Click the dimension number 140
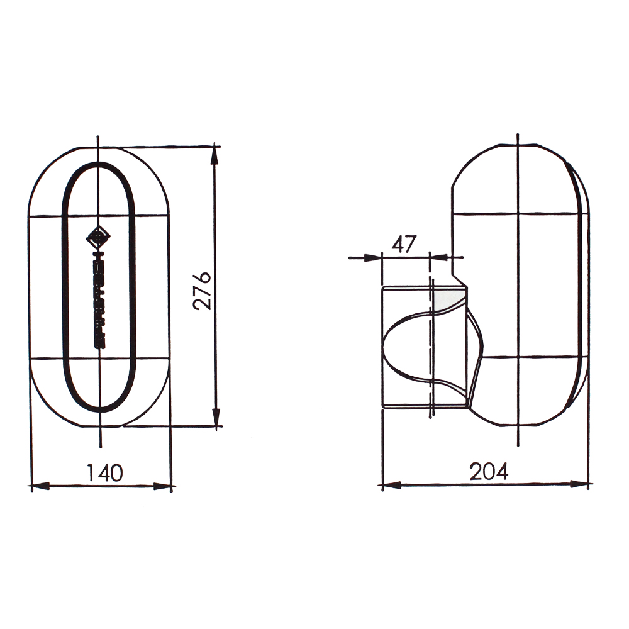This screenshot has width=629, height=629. [104, 472]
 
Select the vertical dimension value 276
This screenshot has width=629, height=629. [201, 291]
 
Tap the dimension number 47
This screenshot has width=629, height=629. [404, 244]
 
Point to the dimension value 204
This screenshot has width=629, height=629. [489, 471]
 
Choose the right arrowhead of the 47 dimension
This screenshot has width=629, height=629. [438, 257]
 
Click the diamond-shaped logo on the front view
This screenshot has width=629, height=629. [98, 238]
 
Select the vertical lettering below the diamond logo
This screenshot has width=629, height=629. [99, 299]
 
